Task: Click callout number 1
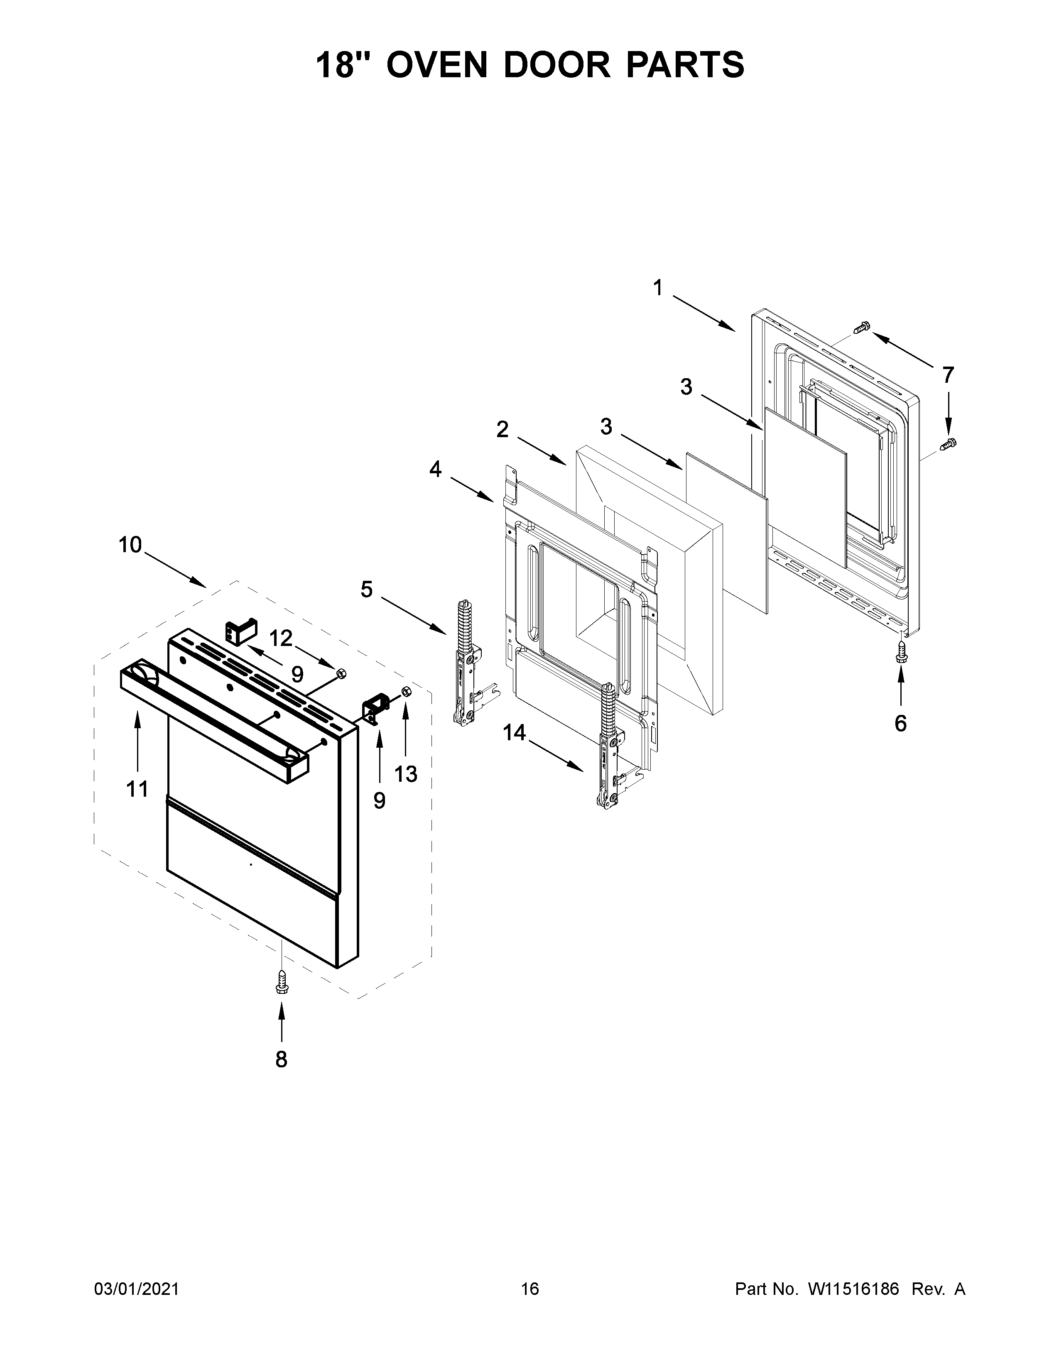coord(657,288)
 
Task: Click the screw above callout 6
coord(901,655)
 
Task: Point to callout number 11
coord(137,788)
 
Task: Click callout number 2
coord(503,430)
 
